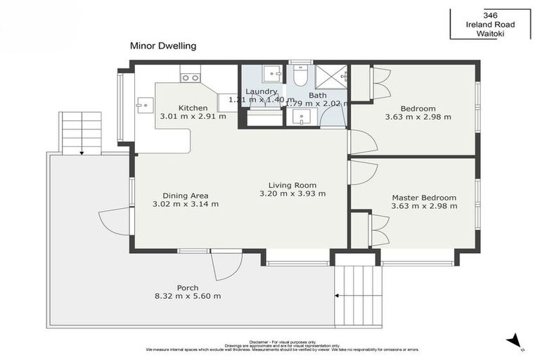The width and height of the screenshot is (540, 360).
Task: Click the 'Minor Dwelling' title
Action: click(x=162, y=46)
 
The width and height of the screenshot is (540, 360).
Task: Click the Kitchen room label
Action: click(x=193, y=108)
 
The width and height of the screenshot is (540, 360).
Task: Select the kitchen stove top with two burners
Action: click(x=190, y=73)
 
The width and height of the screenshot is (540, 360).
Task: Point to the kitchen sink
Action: click(x=146, y=105)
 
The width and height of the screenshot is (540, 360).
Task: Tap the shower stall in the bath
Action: click(x=331, y=75)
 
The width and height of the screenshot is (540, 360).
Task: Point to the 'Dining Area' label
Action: click(x=186, y=195)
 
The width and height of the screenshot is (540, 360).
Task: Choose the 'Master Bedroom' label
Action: click(x=424, y=198)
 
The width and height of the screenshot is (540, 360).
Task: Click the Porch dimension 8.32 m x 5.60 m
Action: click(x=188, y=296)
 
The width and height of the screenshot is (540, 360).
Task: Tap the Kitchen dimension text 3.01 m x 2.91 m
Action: click(x=193, y=117)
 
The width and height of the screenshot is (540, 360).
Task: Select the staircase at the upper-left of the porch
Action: click(x=82, y=132)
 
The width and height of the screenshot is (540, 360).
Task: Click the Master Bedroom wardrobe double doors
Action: click(x=379, y=229)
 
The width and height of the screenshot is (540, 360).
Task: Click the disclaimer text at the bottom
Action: click(x=282, y=346)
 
